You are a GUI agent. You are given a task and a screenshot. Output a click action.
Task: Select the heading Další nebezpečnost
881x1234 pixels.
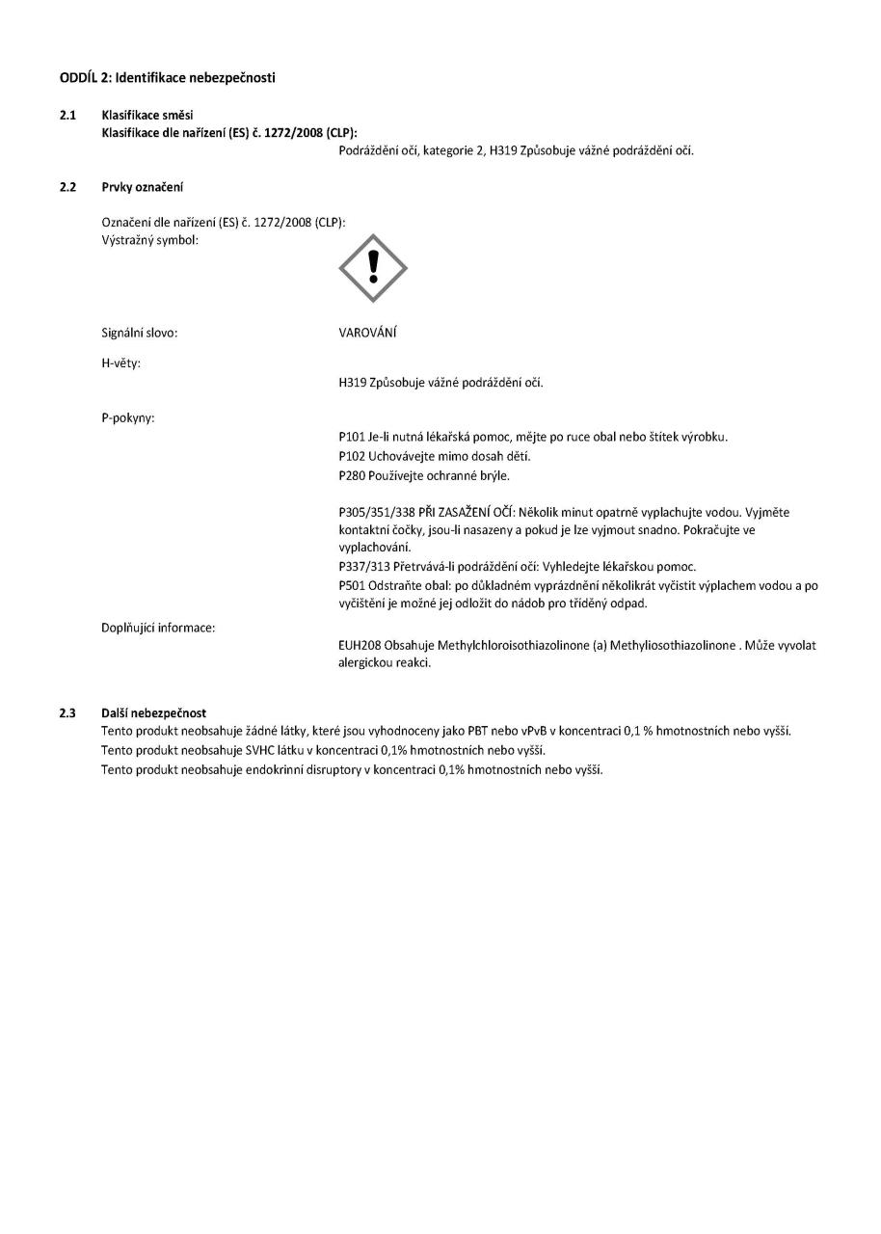[x=153, y=712]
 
